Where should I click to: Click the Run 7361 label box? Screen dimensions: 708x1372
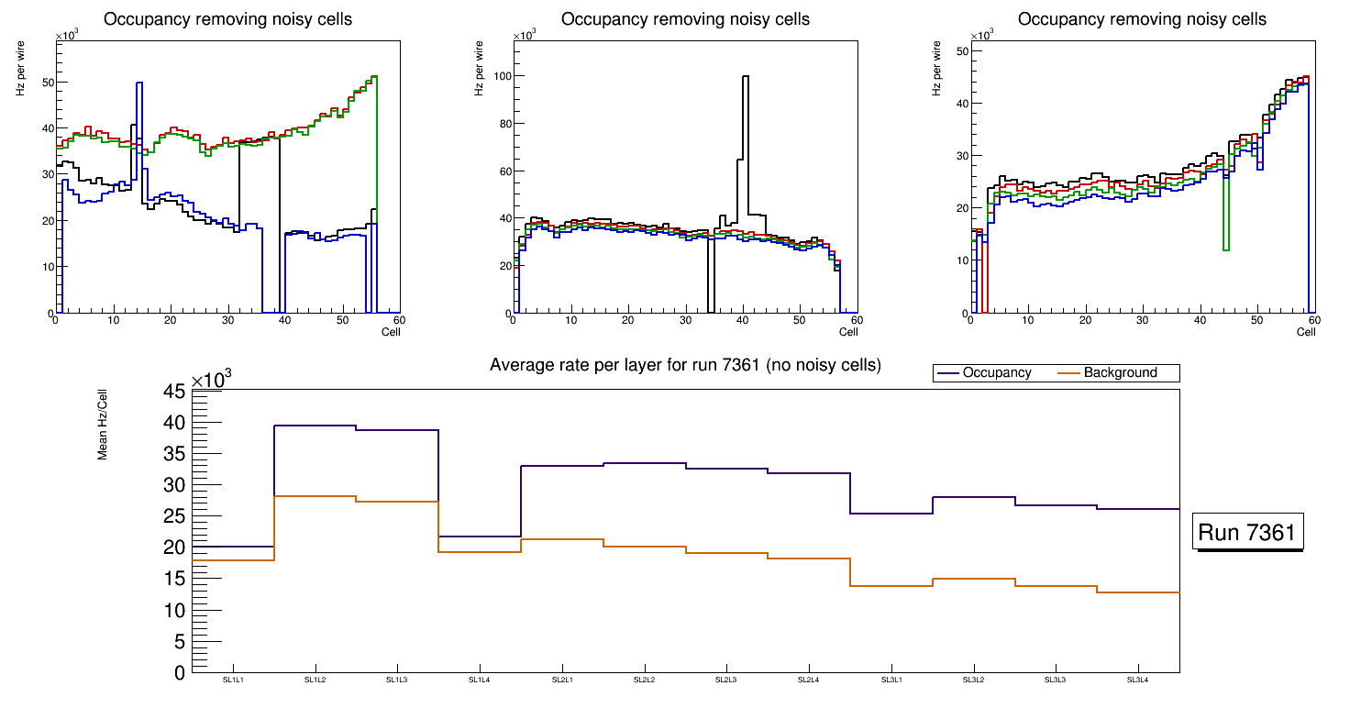coord(1250,533)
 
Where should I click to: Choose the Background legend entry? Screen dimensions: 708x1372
coord(1120,373)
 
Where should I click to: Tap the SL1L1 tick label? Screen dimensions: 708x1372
coord(233,680)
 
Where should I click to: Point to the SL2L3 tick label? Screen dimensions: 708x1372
coord(726,680)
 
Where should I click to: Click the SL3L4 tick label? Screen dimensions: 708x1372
coord(1138,680)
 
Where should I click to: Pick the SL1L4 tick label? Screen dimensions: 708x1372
coord(480,680)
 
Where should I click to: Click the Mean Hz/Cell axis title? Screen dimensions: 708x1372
coord(103,429)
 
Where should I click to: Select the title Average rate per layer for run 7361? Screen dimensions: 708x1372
coord(685,365)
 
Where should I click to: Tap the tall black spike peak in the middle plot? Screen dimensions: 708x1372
coord(745,77)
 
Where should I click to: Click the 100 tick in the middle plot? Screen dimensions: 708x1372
coord(500,77)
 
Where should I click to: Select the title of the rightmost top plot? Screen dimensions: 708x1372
coord(1142,19)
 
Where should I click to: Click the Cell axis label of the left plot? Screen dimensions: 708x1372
coord(391,331)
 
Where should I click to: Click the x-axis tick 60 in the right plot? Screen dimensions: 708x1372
coord(1313,320)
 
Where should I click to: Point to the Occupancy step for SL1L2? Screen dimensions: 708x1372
coord(315,426)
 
